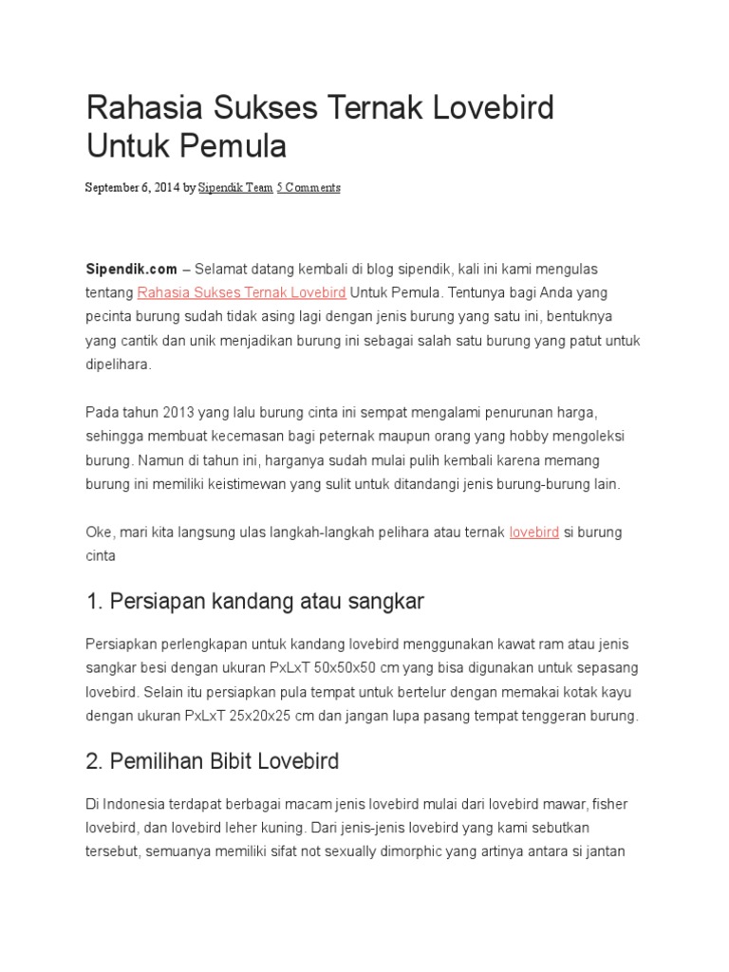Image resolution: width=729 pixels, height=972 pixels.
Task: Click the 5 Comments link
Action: click(x=308, y=188)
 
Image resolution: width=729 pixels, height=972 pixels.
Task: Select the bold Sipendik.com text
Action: click(x=131, y=270)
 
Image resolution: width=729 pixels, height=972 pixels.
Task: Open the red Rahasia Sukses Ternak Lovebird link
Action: click(x=241, y=293)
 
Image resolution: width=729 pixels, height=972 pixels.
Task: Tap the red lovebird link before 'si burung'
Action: click(x=533, y=533)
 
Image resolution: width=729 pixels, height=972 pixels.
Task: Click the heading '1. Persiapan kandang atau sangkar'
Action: click(x=254, y=601)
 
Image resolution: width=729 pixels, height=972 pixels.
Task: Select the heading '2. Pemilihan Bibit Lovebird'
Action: click(x=213, y=761)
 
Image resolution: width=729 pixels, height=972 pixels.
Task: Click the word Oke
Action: click(x=99, y=533)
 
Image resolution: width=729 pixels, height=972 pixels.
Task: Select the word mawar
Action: click(x=533, y=804)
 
